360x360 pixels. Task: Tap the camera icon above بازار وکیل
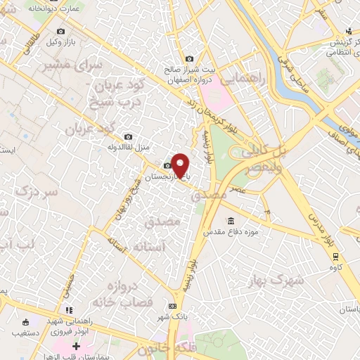point(61,32)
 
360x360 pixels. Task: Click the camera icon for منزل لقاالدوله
point(127,136)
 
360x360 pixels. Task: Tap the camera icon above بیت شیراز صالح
point(188,59)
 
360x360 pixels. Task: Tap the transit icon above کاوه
point(336,257)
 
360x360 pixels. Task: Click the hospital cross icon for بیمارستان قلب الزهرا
point(77,347)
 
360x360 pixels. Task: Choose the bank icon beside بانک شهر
point(172,307)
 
